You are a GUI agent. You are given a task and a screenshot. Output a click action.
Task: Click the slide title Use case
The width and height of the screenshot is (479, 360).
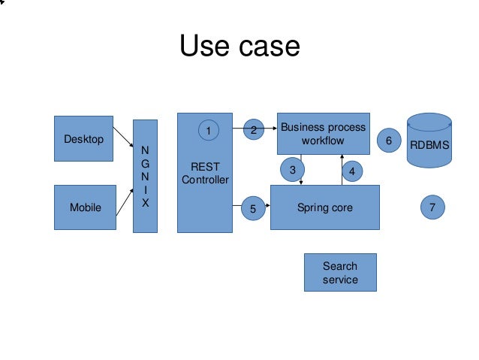[239, 47]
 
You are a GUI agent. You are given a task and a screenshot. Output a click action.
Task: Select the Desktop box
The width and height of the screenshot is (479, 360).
[83, 138]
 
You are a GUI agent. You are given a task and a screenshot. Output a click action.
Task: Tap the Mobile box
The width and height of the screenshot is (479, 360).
[85, 207]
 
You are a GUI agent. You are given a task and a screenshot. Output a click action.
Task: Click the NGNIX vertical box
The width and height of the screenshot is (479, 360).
[146, 176]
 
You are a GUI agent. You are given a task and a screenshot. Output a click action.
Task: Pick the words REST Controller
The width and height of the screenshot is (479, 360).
[205, 173]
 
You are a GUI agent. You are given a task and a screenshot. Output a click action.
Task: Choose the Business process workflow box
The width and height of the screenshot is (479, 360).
[323, 134]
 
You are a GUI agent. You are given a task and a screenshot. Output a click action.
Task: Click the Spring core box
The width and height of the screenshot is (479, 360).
[324, 207]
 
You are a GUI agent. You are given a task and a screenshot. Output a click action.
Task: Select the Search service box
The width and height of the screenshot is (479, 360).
[339, 272]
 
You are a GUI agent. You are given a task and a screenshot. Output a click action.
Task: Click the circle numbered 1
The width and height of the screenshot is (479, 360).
[209, 130]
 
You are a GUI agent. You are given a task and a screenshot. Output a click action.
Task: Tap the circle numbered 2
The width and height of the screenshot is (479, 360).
[254, 129]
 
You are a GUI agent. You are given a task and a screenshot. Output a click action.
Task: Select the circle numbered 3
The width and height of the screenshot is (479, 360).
[293, 170]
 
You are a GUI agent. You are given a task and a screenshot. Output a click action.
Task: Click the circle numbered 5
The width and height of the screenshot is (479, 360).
[253, 210]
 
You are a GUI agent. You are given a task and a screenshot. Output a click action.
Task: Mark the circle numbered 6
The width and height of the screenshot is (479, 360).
[388, 140]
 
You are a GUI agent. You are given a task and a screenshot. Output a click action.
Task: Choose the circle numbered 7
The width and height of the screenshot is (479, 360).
[431, 207]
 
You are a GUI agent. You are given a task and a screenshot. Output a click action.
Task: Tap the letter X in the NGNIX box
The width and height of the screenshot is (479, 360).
[146, 203]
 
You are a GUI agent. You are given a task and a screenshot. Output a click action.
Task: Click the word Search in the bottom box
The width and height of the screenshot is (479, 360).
[339, 265]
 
